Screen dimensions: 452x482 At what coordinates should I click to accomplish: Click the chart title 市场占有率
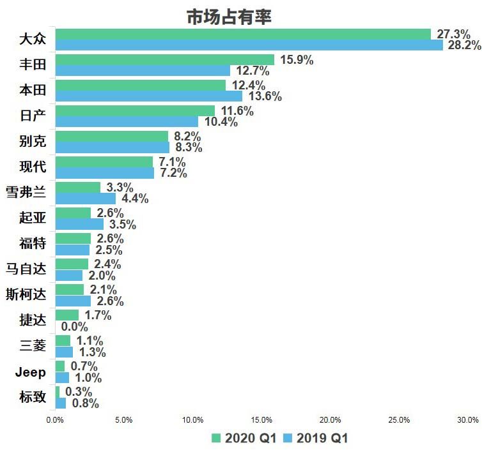[x=229, y=17]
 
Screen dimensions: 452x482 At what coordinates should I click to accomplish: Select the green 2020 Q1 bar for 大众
[x=243, y=34]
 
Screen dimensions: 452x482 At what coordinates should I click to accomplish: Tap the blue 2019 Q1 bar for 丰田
[x=143, y=71]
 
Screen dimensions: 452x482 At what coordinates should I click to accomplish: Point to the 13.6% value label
[x=265, y=96]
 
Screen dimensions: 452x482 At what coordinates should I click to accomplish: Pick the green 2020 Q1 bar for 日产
[x=135, y=111]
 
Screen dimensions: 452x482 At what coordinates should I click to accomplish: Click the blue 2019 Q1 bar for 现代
[x=105, y=173]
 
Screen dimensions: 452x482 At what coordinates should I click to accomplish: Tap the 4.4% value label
[x=135, y=199]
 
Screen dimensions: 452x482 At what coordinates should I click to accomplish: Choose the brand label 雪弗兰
[x=26, y=192]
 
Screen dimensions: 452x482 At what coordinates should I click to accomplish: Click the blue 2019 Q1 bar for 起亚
[x=79, y=224]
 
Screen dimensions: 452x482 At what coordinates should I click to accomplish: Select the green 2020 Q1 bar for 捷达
[x=67, y=315]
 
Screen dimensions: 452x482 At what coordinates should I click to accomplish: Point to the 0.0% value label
[x=75, y=326]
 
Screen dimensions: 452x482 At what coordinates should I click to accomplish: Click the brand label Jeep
[x=31, y=372]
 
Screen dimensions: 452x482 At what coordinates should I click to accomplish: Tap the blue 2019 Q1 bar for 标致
[x=61, y=403]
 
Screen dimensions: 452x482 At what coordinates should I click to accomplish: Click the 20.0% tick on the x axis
[x=330, y=420]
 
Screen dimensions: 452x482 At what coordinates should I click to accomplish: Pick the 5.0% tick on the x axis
[x=123, y=420]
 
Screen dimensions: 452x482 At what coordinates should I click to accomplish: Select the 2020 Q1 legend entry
[x=242, y=438]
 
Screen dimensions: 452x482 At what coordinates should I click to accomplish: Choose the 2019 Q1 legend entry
[x=314, y=438]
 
